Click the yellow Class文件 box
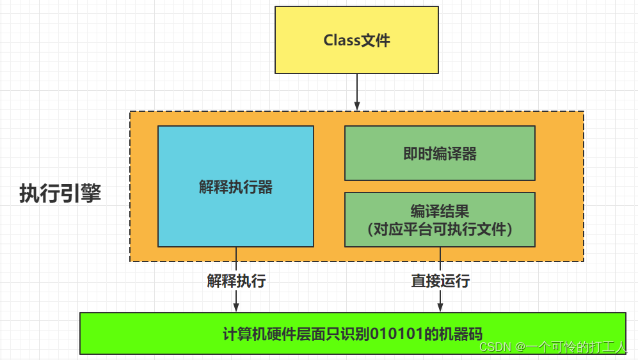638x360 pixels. pyautogui.click(x=356, y=40)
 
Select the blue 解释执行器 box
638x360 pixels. pyautogui.click(x=235, y=186)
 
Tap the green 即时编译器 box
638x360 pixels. pyautogui.click(x=440, y=153)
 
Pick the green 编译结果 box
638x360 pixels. pyautogui.click(x=440, y=219)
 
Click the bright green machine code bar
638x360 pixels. pyautogui.click(x=352, y=333)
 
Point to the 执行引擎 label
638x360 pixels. pyautogui.click(x=60, y=193)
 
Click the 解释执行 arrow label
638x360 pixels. pyautogui.click(x=236, y=281)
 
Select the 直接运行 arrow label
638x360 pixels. pyautogui.click(x=440, y=281)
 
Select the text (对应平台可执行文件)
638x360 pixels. pyautogui.click(x=440, y=229)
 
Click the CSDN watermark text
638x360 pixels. pyautogui.click(x=493, y=347)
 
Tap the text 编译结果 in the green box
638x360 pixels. pyautogui.click(x=440, y=211)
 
